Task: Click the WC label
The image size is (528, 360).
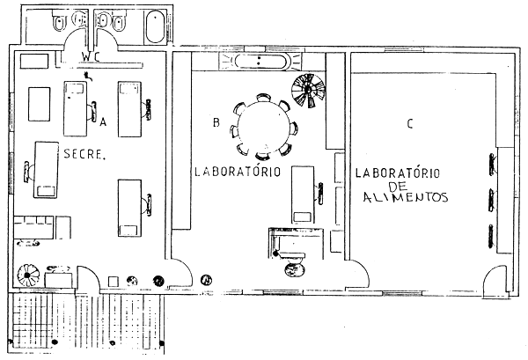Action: tap(91, 57)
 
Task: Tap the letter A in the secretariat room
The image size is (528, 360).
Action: tap(103, 121)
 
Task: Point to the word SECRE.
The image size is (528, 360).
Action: tap(84, 154)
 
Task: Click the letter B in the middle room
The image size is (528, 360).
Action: tap(216, 122)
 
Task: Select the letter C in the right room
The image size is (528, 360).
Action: tap(410, 123)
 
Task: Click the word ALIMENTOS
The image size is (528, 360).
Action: tap(406, 197)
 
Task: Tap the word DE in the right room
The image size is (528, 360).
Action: tap(399, 187)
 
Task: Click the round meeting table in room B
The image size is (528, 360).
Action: tap(263, 128)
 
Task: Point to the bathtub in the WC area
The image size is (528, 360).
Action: tap(155, 26)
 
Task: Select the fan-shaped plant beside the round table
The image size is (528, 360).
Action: tap(309, 91)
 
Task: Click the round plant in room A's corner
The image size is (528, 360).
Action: tap(29, 276)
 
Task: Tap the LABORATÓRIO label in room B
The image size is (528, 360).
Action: tap(238, 172)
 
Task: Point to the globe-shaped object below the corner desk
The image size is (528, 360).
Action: tap(296, 269)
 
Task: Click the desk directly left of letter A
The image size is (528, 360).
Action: tap(76, 109)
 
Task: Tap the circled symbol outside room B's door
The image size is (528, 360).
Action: tap(207, 280)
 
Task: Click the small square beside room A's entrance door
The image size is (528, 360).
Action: tap(114, 282)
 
